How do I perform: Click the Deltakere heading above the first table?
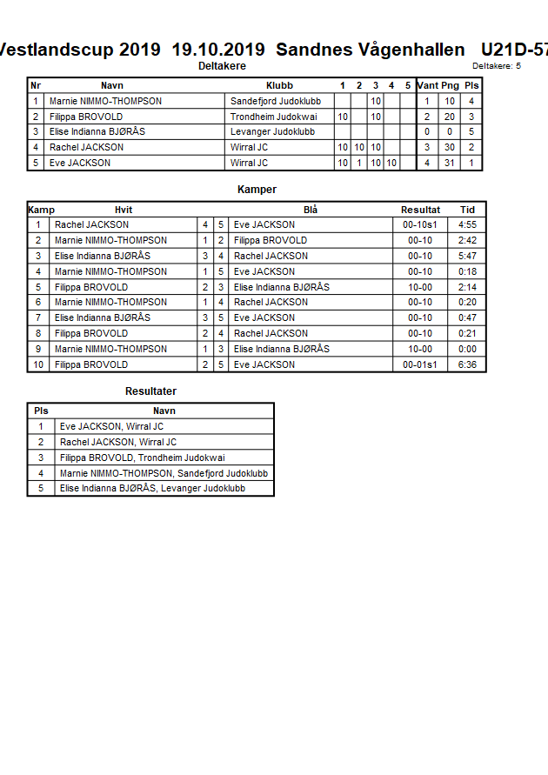222,66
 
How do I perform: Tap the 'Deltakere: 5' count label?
497,66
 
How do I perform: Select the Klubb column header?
279,86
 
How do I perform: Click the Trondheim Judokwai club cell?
274,117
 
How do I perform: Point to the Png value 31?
450,163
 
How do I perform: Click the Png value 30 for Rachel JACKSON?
450,148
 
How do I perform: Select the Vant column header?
427,86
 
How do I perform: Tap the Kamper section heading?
257,190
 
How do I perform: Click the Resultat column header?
420,210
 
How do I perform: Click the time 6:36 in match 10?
467,365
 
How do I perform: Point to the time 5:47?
467,257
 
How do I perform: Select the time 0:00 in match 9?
467,350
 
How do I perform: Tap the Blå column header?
311,210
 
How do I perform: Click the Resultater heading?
150,391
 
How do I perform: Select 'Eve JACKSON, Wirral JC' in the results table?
111,427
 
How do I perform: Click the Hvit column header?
124,210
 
